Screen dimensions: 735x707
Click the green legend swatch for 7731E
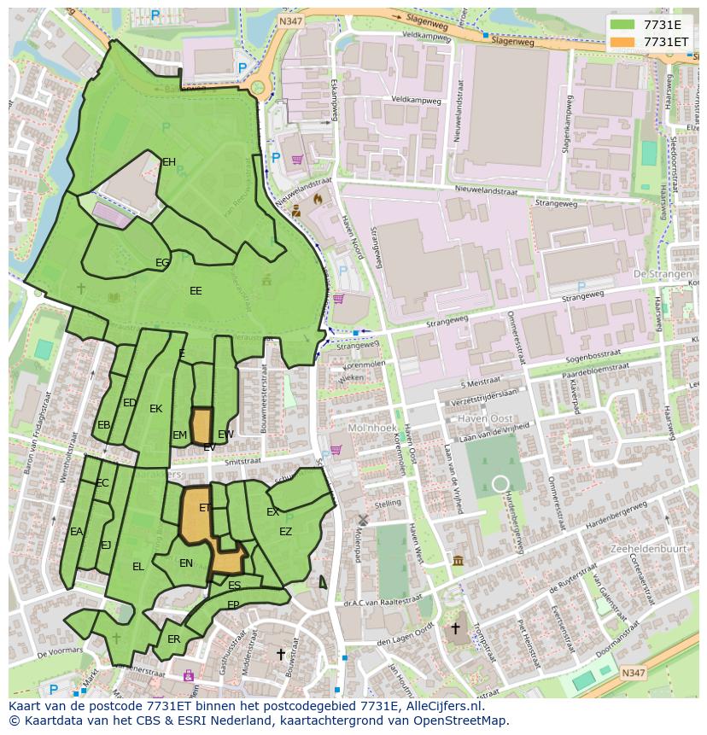(x=622, y=25)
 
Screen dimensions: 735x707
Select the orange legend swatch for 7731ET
(x=622, y=42)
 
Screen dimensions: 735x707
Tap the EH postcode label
(x=169, y=162)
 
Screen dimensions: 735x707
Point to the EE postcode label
(x=196, y=291)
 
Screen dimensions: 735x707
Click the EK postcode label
(x=155, y=409)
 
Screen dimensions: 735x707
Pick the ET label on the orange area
(x=205, y=508)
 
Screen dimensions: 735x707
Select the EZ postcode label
(x=285, y=532)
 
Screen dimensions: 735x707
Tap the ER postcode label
(x=174, y=639)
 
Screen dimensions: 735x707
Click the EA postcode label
(x=77, y=532)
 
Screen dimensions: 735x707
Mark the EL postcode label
(x=138, y=567)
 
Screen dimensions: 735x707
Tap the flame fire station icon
(x=318, y=197)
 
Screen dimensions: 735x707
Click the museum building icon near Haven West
(x=458, y=560)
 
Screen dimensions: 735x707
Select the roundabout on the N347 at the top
(x=257, y=87)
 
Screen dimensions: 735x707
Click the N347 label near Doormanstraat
(x=633, y=674)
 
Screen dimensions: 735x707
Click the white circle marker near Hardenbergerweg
(x=500, y=484)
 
